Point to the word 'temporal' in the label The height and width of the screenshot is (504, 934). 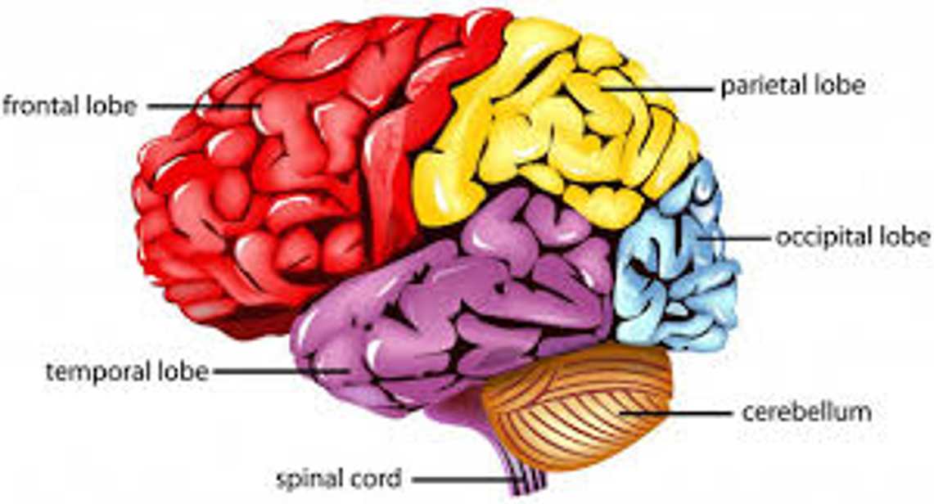(x=98, y=372)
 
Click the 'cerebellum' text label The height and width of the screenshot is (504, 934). (x=807, y=412)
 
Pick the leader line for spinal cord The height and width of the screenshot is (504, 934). (x=462, y=479)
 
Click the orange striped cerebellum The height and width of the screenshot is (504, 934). (x=578, y=406)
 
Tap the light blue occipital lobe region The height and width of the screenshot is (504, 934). (x=676, y=256)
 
